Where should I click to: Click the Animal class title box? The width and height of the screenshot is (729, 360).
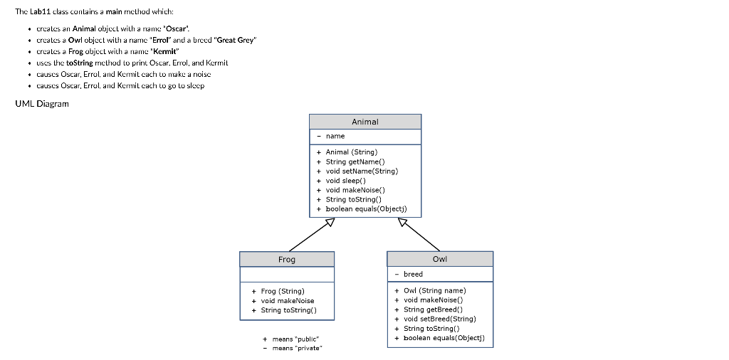click(364, 122)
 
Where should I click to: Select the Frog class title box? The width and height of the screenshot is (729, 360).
click(287, 260)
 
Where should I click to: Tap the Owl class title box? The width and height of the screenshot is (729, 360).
click(439, 259)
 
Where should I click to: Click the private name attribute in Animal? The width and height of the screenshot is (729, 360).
click(335, 136)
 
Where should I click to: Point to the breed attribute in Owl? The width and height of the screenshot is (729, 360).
click(412, 274)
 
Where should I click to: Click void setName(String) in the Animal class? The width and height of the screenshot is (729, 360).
click(361, 171)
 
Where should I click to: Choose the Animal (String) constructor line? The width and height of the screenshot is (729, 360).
click(351, 152)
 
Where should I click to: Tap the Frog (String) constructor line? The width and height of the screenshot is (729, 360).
click(282, 291)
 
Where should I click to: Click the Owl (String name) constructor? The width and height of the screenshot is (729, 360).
click(434, 290)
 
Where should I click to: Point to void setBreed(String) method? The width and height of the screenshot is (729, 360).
click(439, 319)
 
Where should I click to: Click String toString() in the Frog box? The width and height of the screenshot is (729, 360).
click(288, 310)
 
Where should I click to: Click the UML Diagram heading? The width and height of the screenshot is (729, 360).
click(42, 104)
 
